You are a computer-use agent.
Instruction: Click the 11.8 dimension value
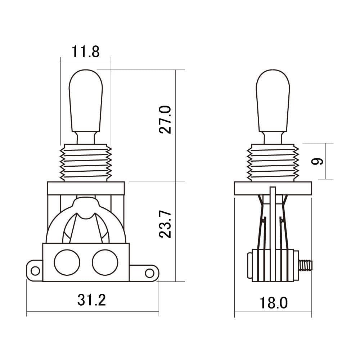pos(86,51)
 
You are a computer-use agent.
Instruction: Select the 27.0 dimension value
pos(165,120)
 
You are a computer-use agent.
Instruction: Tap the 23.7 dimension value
pos(165,224)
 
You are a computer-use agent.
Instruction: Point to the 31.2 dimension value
pos(91,300)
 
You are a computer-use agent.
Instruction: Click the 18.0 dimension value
pos(274,303)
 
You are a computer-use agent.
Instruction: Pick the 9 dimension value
pos(317,161)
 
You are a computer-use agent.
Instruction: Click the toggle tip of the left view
pos(86,101)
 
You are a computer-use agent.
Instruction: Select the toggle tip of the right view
pos(273,101)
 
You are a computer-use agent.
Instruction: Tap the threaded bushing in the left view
pos(86,163)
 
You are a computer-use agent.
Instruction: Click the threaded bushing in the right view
pos(273,163)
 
